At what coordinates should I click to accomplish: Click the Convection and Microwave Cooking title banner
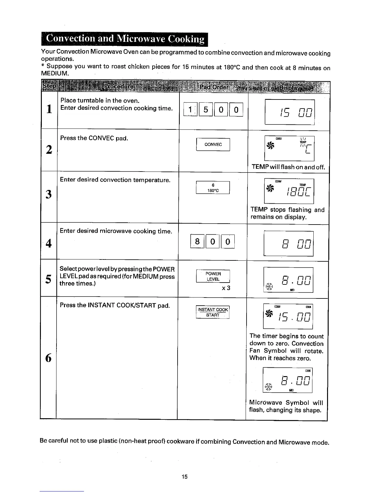pos(125,39)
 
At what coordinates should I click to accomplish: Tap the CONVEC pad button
pos(213,144)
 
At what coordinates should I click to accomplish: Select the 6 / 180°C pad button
pos(213,188)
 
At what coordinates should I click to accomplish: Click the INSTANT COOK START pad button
pos(213,312)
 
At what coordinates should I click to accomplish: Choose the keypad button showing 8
pos(197,242)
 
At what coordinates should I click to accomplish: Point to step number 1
pos(49,109)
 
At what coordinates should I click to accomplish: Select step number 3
pos(48,194)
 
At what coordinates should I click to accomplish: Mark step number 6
pos(48,357)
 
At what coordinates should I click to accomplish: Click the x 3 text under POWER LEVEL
pos(226,288)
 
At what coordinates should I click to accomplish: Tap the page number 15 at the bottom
pos(184,477)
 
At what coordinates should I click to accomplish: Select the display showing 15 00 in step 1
pos(289,112)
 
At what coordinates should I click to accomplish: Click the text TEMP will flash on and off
pos(288,167)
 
